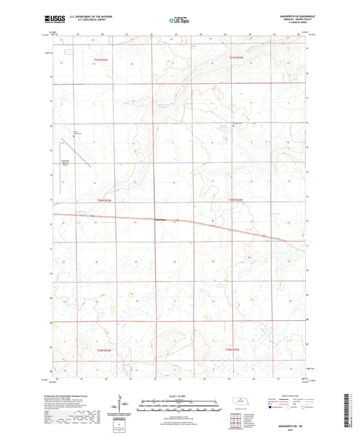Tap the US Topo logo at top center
pyautogui.click(x=178, y=20)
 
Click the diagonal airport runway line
pyautogui.click(x=80, y=150)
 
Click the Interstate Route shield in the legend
pyautogui.click(x=271, y=408)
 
